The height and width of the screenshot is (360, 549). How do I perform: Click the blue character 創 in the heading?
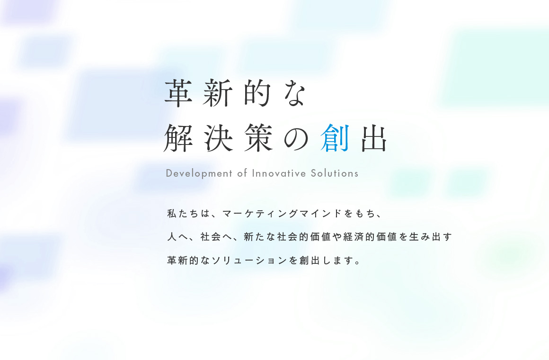(x=335, y=138)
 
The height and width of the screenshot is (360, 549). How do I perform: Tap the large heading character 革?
(x=178, y=92)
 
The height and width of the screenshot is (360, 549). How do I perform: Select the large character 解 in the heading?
(x=178, y=138)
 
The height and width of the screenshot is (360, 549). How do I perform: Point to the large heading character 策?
(x=258, y=138)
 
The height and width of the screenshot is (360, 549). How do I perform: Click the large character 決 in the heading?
(x=219, y=138)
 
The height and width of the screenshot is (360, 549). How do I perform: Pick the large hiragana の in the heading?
(x=296, y=139)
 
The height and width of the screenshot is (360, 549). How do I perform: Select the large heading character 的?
(x=257, y=92)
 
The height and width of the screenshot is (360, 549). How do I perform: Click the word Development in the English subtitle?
(x=199, y=173)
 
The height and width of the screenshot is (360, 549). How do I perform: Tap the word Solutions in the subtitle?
(x=335, y=173)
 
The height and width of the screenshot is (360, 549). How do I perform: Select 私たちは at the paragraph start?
(x=188, y=214)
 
